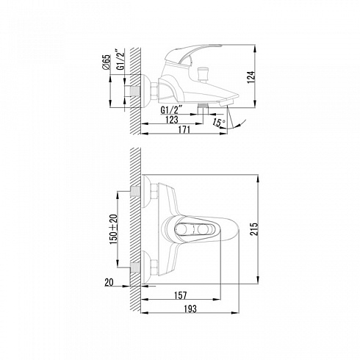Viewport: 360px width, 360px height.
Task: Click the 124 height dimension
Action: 251,77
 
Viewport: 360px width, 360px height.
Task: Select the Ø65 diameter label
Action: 107,62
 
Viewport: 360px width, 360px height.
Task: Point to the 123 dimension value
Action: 172,120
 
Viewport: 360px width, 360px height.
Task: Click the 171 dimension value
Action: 184,129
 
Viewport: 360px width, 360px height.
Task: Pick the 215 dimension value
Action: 254,228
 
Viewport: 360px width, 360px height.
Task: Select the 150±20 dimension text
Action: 114,229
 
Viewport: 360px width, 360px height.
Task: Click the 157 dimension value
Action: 181,295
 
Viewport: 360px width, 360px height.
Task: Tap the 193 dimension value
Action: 190,309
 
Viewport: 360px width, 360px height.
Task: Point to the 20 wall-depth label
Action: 109,282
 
